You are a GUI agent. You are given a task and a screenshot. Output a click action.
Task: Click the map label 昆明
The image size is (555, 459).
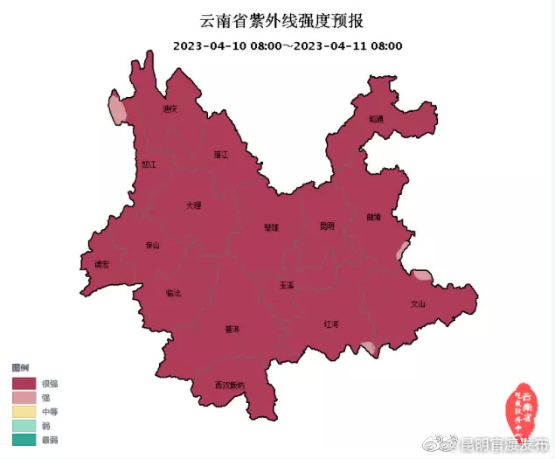327,226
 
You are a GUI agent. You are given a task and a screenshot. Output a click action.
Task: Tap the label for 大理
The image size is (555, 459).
193,205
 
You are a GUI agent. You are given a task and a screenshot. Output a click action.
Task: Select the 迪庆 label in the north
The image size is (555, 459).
170,109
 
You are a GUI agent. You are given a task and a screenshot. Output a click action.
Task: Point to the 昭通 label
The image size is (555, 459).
376,118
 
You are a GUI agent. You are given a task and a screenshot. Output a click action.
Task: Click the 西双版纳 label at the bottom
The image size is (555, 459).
230,386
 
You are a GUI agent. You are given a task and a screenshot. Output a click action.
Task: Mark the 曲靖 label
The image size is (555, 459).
374,217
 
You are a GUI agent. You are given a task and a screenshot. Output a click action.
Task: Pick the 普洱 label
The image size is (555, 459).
232,330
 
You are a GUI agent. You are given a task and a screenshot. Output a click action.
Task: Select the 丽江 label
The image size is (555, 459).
220,154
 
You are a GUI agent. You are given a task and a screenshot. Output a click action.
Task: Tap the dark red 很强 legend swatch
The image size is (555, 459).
24,383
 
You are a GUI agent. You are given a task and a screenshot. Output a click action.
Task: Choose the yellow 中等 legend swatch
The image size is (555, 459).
24,411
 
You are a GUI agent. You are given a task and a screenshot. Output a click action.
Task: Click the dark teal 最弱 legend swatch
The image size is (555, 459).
24,439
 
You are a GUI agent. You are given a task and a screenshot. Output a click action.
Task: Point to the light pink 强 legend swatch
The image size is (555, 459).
24,397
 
